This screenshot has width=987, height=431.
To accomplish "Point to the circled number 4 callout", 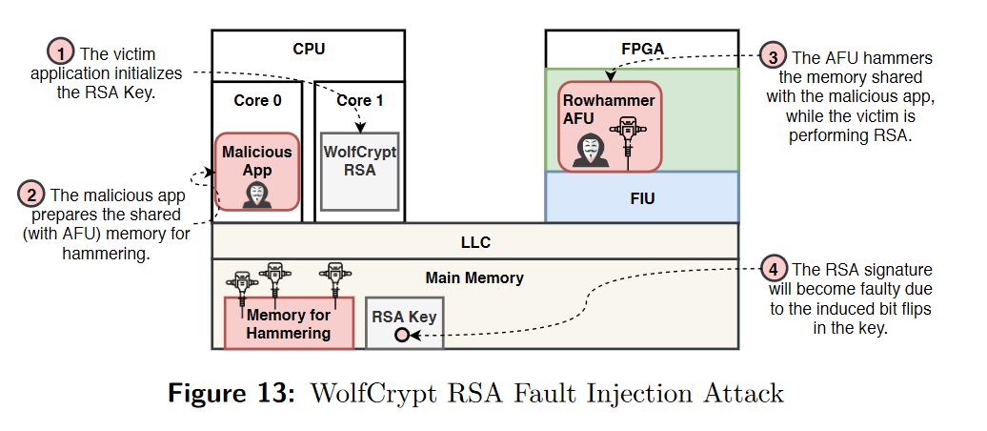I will point(775,270).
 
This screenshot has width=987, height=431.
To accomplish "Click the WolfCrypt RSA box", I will point(358,171).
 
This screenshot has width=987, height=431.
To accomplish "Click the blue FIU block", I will point(641,198).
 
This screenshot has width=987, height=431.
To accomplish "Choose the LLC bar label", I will point(473,242).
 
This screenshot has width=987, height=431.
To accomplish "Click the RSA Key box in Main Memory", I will point(404,321).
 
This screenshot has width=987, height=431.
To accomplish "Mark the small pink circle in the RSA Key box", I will point(402,335).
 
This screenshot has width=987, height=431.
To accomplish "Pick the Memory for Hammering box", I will point(288,322).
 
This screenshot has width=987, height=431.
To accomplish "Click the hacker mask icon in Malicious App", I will point(256,194).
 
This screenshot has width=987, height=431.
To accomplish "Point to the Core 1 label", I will point(359,100).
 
